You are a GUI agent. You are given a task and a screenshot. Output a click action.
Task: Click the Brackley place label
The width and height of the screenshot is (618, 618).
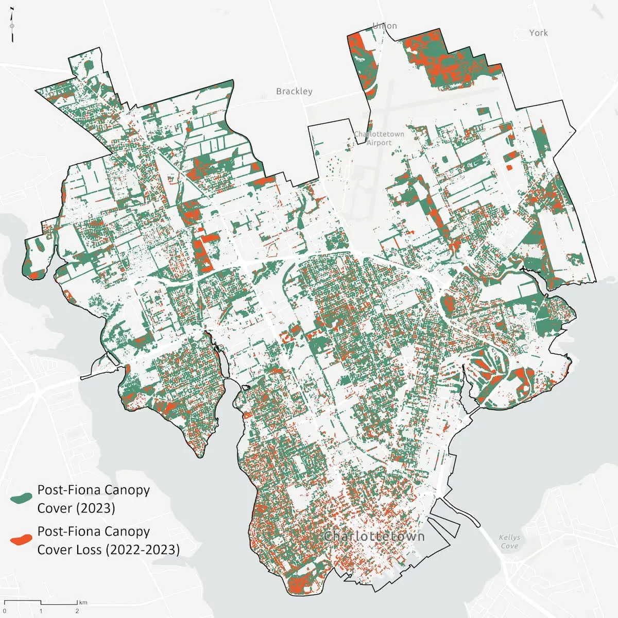(294, 91)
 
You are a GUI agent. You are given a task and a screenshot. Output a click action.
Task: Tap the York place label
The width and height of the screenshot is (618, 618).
(538, 32)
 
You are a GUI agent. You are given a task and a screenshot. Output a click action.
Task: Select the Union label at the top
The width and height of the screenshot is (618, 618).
(385, 26)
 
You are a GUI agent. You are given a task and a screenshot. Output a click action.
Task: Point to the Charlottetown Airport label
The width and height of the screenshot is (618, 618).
(379, 138)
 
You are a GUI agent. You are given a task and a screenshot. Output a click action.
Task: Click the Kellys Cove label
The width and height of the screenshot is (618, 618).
(509, 541)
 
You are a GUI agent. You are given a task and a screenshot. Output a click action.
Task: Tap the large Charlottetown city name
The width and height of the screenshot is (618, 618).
(374, 536)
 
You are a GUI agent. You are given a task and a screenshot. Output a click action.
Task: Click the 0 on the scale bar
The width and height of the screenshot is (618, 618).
(4, 611)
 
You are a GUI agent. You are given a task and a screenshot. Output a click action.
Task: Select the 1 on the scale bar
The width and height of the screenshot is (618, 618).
(41, 611)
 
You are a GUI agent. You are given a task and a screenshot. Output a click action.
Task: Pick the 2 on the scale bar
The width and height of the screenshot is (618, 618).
(77, 611)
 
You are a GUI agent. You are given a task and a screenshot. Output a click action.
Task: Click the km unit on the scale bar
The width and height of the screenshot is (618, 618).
(83, 602)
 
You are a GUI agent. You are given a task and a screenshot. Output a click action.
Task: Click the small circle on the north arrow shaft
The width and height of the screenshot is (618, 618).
(12, 26)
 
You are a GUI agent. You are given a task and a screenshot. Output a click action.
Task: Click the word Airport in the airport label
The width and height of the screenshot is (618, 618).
(379, 143)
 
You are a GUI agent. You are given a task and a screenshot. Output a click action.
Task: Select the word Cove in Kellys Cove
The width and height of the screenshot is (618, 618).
(509, 546)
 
